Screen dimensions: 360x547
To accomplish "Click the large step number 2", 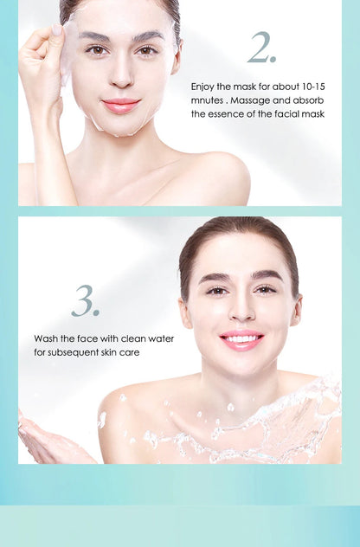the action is coord(261,48).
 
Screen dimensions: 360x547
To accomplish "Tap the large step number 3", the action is coord(86,301).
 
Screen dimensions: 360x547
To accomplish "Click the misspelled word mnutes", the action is coord(207,100).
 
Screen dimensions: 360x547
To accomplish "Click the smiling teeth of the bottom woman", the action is coord(241,338).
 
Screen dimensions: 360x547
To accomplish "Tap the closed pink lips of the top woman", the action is coord(121,105).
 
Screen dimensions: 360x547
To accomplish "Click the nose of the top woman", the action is coord(121,75).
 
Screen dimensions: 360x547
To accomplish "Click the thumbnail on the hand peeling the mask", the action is coord(56,30).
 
